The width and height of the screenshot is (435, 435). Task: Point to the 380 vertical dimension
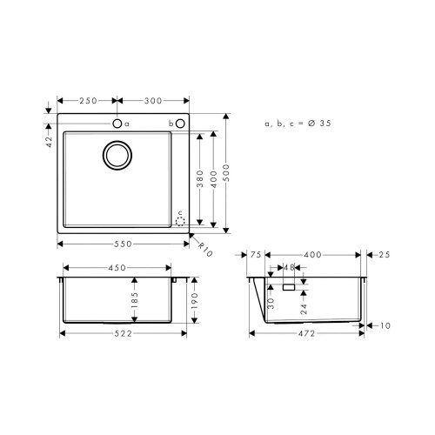[x=199, y=178]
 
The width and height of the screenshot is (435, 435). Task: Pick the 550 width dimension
[x=123, y=244]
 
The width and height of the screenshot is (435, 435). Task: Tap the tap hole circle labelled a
[x=117, y=124]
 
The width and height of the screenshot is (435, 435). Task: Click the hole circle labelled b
[x=180, y=124]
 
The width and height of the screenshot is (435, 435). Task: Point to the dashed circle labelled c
[x=181, y=221]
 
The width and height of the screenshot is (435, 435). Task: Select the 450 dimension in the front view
[x=117, y=268]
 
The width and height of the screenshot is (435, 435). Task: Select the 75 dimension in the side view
[x=256, y=254]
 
